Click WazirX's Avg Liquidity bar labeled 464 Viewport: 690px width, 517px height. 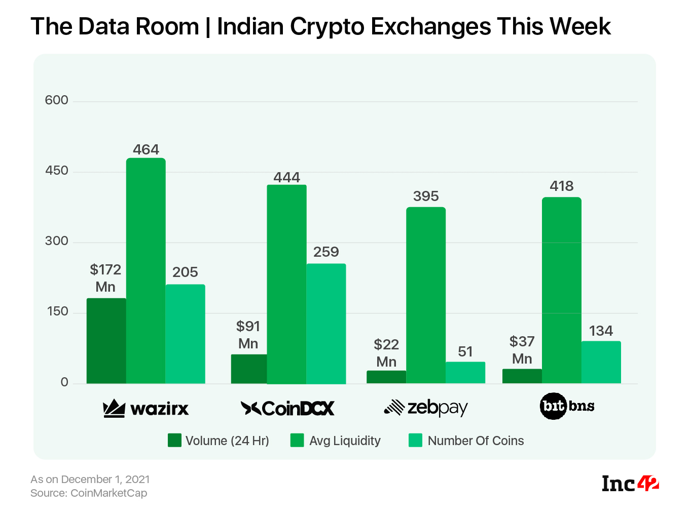[146, 270]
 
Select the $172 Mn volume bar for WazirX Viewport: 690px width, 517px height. [106, 340]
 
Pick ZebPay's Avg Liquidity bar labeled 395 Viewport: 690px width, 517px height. [425, 295]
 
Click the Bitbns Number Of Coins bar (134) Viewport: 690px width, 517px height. [601, 362]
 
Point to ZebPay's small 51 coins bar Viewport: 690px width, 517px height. [465, 372]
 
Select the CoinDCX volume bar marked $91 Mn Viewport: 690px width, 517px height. [248, 369]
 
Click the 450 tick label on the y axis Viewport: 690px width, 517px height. [56, 171]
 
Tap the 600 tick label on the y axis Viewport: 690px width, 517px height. [56, 100]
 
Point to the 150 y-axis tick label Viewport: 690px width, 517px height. [57, 311]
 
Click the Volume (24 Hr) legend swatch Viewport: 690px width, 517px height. [174, 440]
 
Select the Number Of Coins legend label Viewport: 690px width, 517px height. [476, 441]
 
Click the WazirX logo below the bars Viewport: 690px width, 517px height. [146, 408]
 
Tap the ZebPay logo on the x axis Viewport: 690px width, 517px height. [425, 408]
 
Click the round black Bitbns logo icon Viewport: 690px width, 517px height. [553, 406]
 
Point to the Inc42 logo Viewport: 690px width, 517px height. [630, 484]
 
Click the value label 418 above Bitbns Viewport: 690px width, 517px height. [561, 186]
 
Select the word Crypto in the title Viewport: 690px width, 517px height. [326, 26]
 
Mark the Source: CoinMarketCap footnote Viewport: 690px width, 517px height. [89, 493]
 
